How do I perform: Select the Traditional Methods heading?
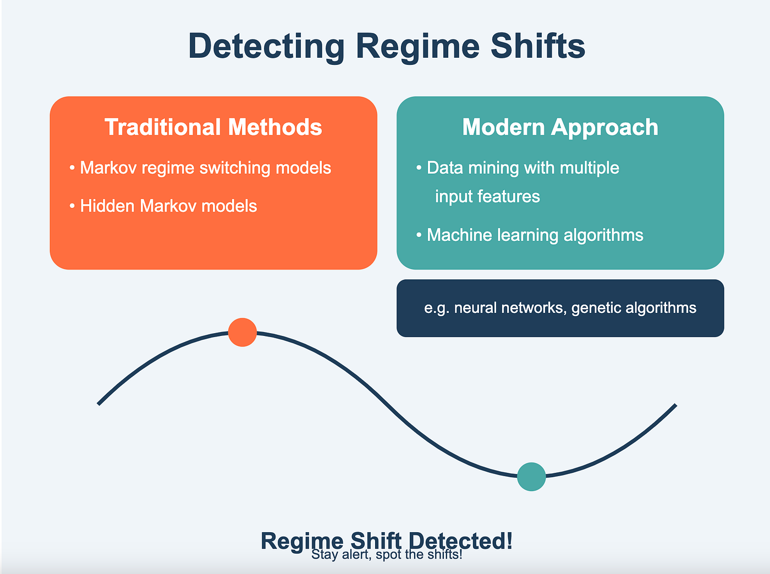tap(213, 127)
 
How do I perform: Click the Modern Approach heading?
tap(560, 127)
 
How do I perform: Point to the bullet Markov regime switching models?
tap(205, 168)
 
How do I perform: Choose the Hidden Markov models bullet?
tap(168, 206)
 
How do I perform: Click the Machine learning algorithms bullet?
tap(535, 235)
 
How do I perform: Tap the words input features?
tap(487, 196)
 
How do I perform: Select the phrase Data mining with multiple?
tap(522, 168)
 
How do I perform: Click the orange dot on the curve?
tap(243, 332)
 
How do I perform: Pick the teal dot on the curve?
tap(531, 477)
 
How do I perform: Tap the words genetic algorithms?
tap(634, 308)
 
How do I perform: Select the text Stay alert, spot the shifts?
tap(387, 555)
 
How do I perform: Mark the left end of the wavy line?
tap(99, 404)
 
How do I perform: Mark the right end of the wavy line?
tap(675, 405)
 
